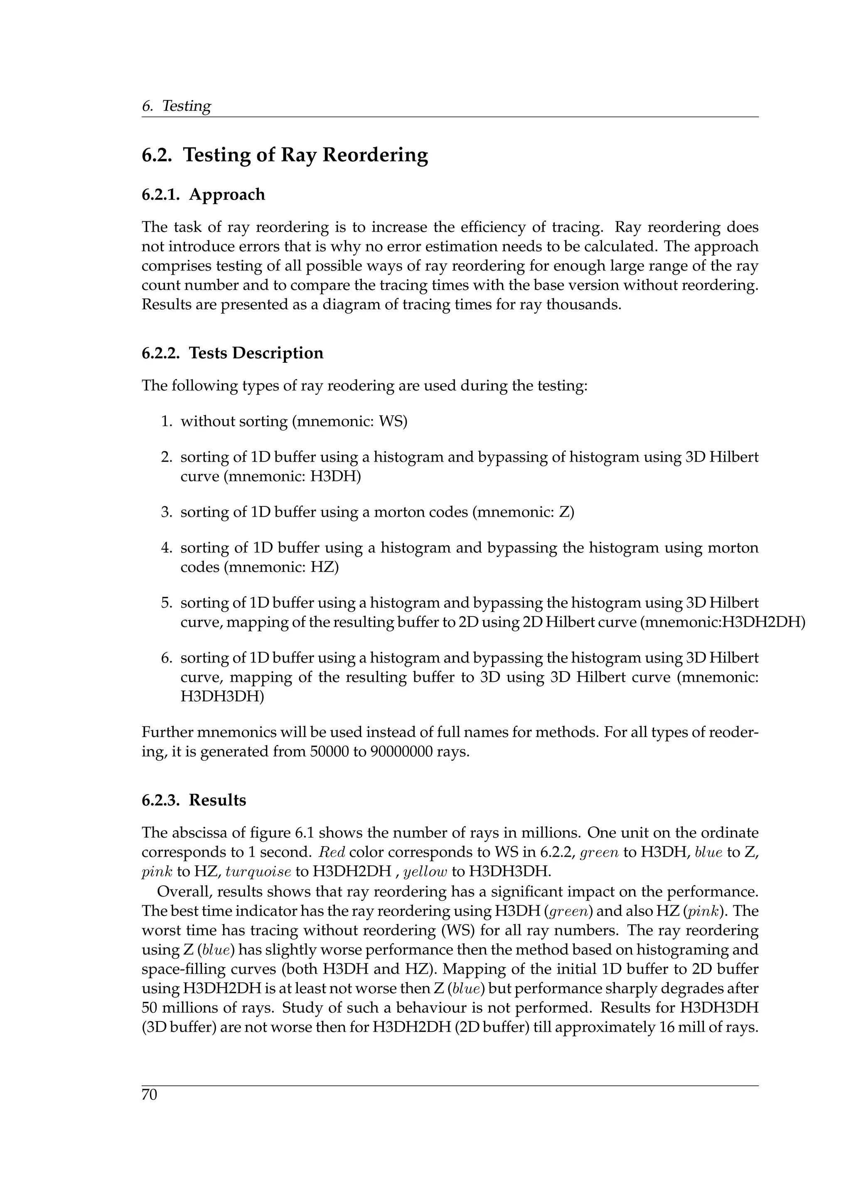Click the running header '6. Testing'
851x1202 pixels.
(176, 106)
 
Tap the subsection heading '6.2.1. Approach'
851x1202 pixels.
(203, 195)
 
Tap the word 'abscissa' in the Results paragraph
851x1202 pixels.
(197, 833)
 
